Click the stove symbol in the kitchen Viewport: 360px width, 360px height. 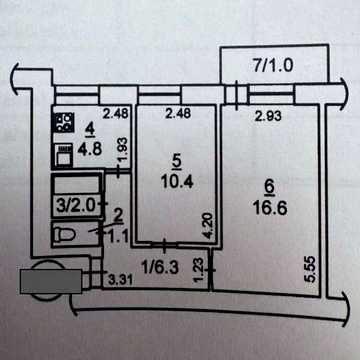point(64,122)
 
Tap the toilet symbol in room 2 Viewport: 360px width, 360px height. point(64,235)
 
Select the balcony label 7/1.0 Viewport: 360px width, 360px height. point(273,66)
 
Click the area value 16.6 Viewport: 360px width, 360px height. point(270,210)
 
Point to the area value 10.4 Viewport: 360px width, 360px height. point(177,182)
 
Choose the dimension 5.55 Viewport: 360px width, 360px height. point(313,269)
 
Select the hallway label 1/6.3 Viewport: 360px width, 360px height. point(160,267)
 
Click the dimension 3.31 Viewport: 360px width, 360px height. point(121,280)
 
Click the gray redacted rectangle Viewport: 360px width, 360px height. point(51,281)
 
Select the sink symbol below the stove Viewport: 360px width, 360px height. point(64,155)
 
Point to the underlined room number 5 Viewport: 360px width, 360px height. point(177,163)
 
